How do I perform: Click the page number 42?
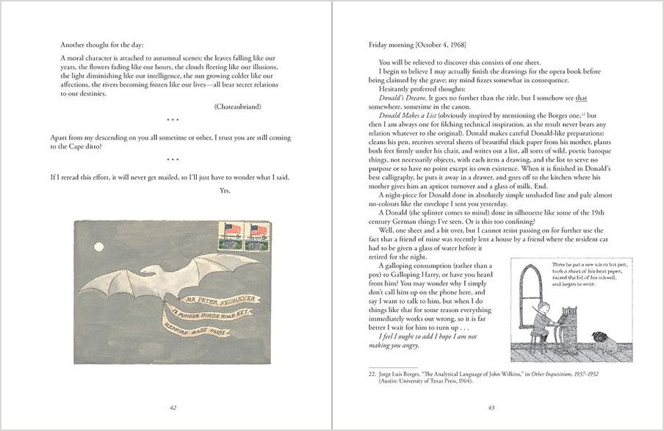(173, 408)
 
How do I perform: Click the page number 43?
(491, 408)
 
